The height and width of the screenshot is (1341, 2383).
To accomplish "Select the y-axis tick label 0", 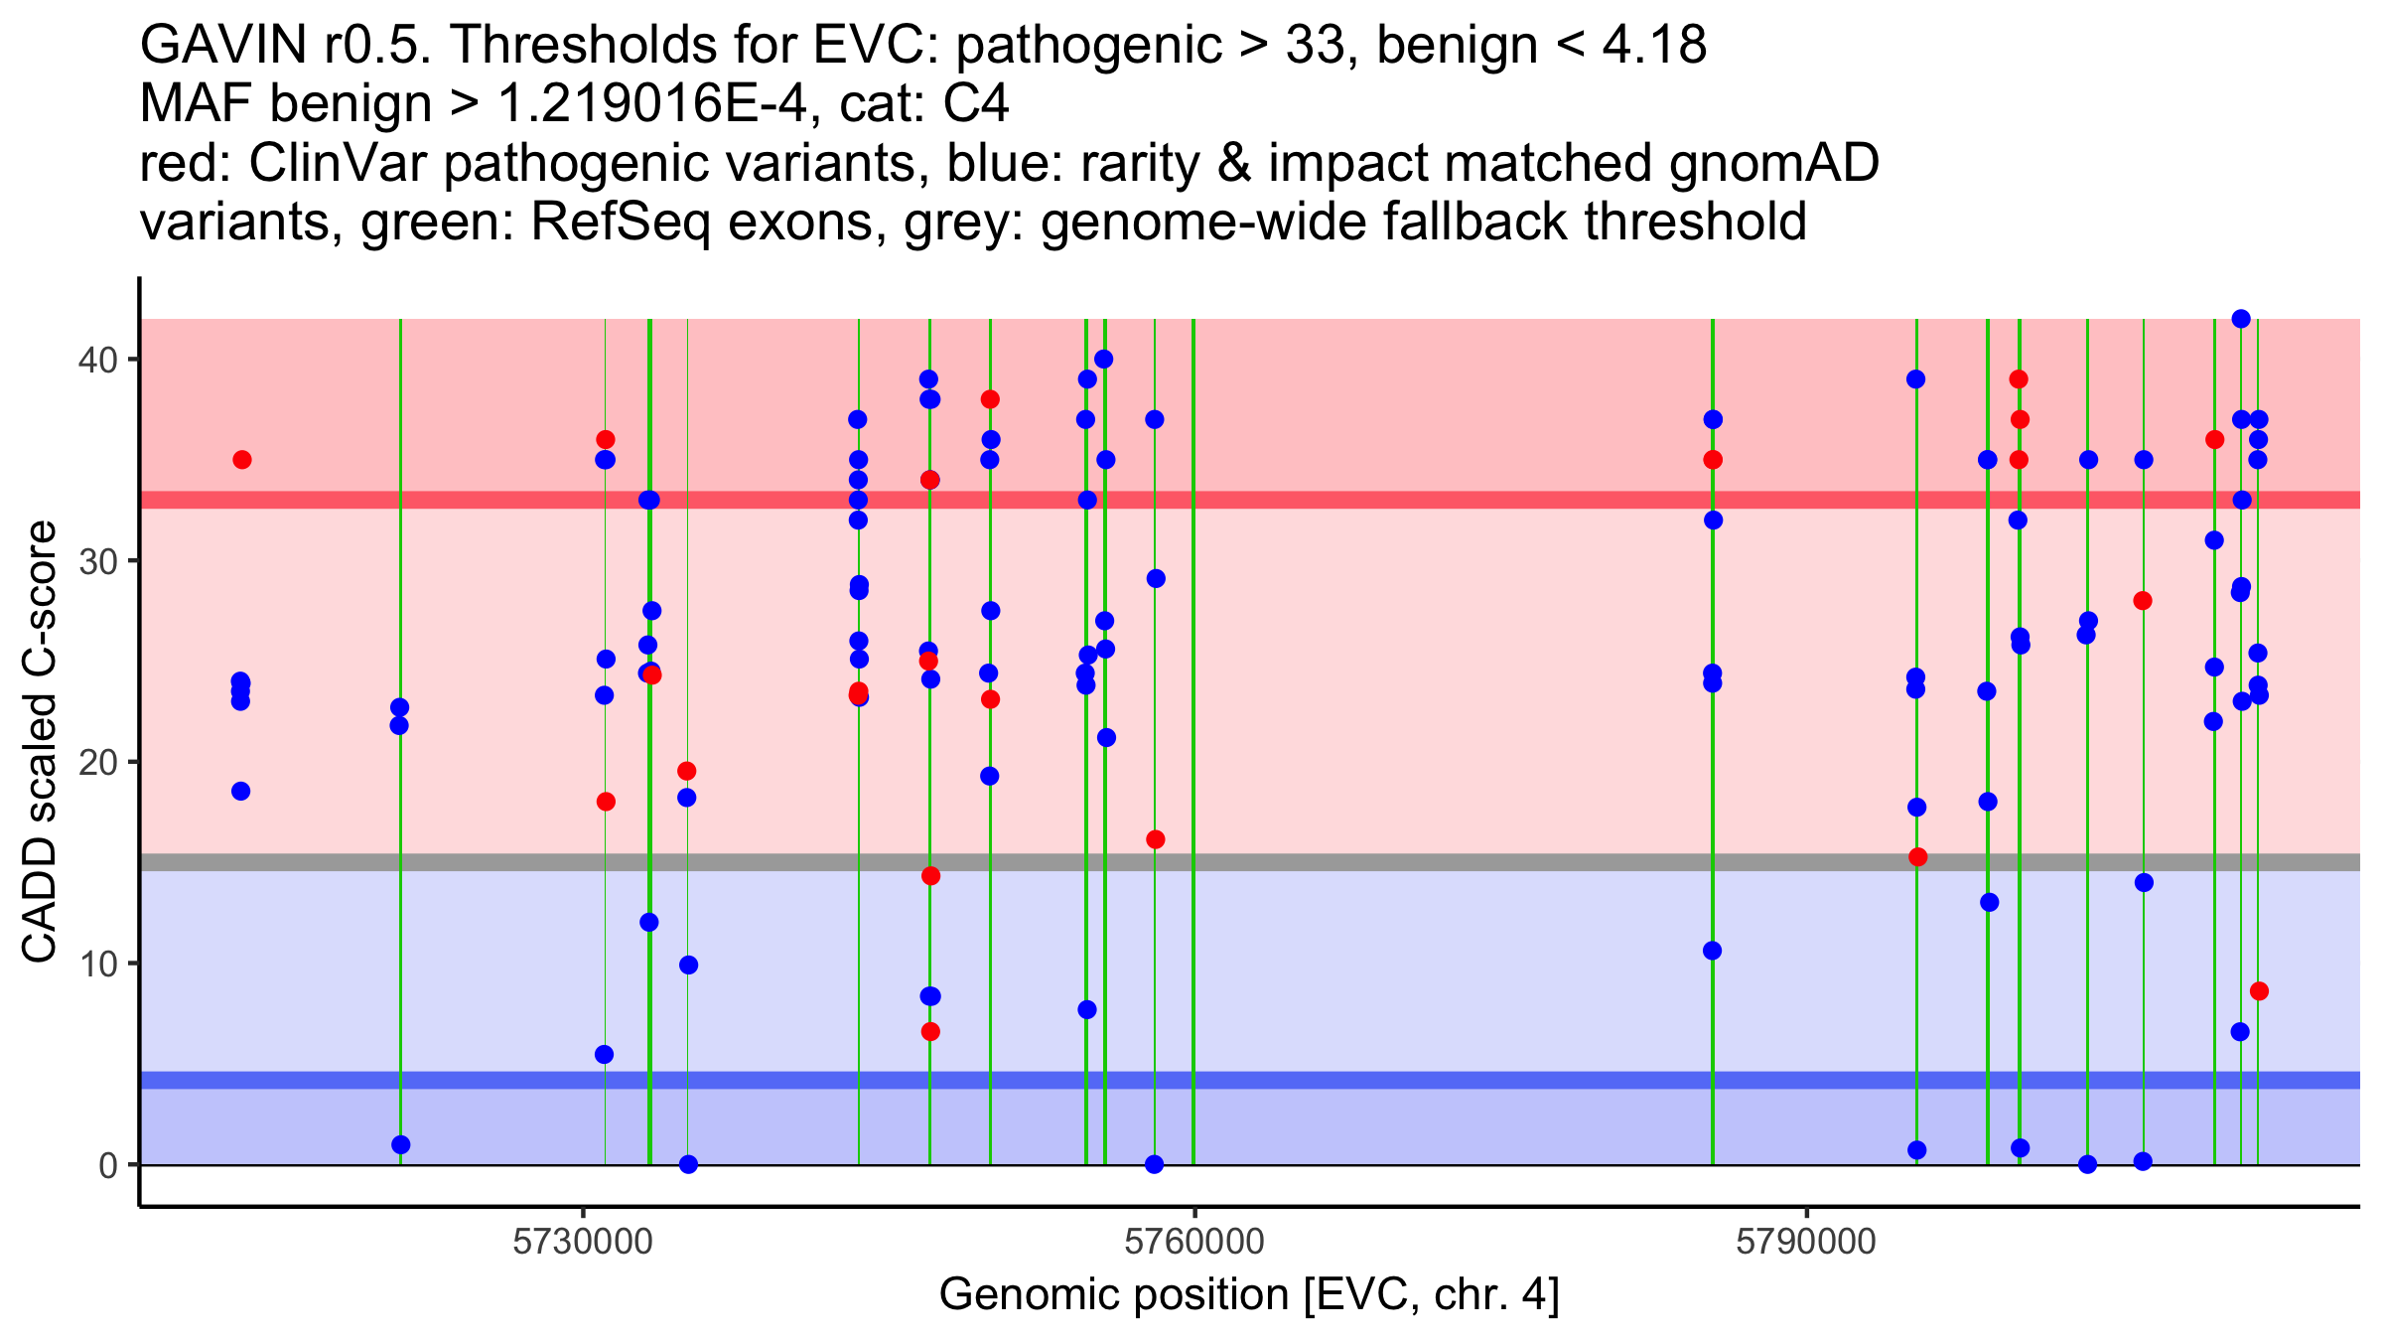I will tap(107, 1165).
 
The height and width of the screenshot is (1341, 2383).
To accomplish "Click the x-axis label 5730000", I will tap(583, 1242).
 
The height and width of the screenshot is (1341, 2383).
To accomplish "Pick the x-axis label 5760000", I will tap(1194, 1242).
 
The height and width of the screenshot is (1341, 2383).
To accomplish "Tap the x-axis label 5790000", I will tap(1806, 1242).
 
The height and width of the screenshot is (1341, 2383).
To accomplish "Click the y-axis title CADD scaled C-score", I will tap(40, 742).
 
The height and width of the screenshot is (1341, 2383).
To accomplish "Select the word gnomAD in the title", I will tap(1773, 163).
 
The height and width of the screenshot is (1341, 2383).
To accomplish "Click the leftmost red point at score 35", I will tap(242, 460).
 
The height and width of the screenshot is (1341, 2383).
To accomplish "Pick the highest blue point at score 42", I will tap(2241, 319).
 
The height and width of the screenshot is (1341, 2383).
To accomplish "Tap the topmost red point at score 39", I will tap(2019, 379).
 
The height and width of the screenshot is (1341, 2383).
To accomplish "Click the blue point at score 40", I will tap(1103, 360).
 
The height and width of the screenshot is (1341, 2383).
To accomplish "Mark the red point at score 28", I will tap(2143, 601).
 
